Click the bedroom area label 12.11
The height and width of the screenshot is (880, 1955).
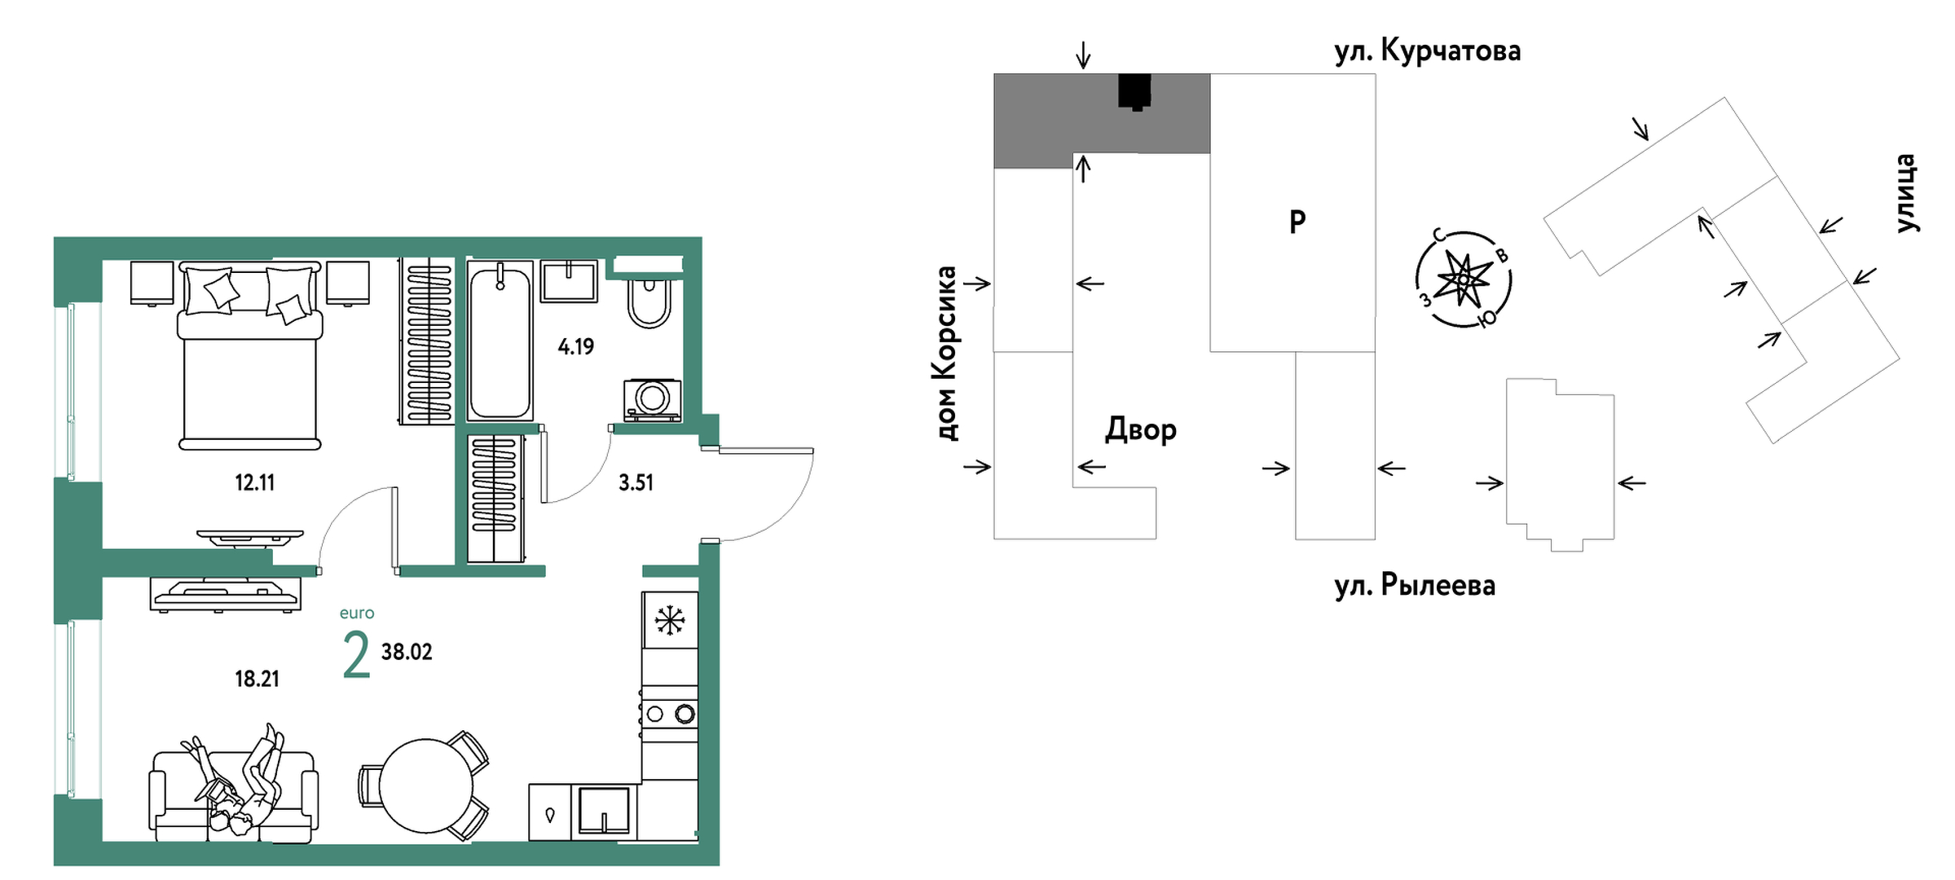click(x=254, y=482)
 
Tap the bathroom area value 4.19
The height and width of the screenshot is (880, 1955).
click(x=575, y=347)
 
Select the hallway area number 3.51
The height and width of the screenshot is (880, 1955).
click(x=636, y=482)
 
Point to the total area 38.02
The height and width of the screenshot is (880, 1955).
click(x=407, y=652)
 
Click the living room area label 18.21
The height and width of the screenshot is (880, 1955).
click(x=257, y=679)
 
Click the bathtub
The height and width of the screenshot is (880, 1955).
click(x=500, y=341)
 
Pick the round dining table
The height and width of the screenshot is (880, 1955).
click(x=425, y=785)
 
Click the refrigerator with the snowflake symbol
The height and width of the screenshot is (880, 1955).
click(x=669, y=620)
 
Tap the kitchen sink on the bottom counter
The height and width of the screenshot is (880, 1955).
click(x=603, y=811)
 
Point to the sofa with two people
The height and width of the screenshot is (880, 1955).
click(x=234, y=794)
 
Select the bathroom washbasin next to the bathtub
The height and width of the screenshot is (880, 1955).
click(x=568, y=281)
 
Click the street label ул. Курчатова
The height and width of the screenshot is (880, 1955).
click(x=1427, y=51)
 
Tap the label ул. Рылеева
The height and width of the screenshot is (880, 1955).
click(x=1415, y=585)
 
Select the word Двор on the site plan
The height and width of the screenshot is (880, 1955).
click(x=1140, y=429)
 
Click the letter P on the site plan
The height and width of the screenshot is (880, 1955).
click(x=1297, y=221)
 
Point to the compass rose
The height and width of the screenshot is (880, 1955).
click(x=1463, y=279)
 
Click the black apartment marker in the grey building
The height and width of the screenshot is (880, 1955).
click(x=1134, y=91)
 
